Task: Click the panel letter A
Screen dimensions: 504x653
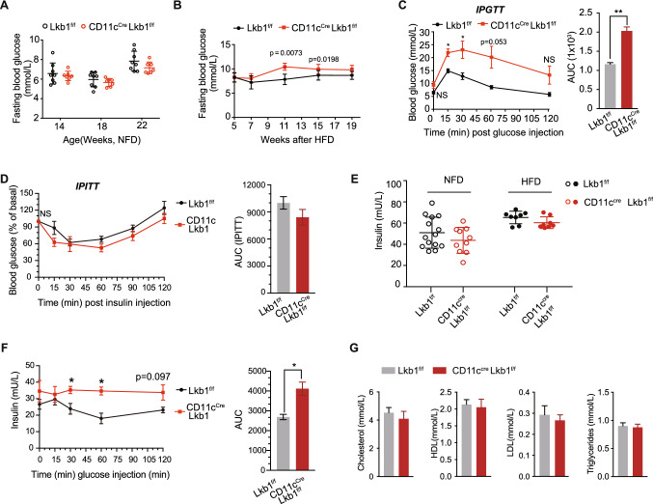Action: (x=8, y=8)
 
